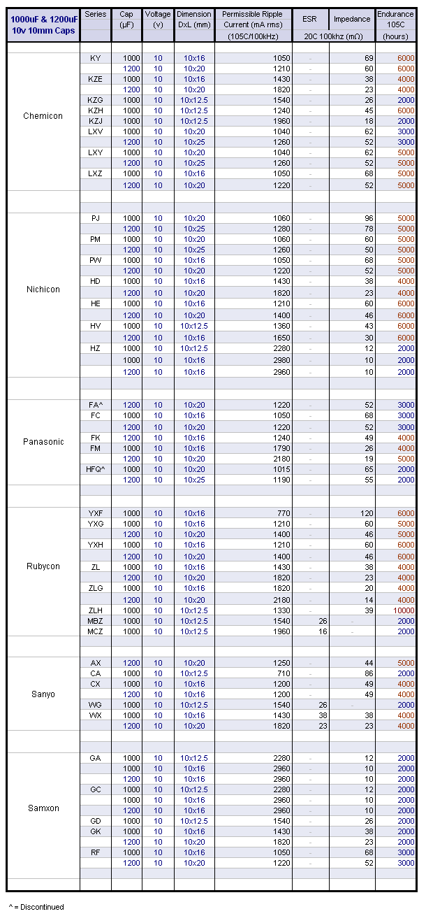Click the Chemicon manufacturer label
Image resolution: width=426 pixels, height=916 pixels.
pyautogui.click(x=43, y=116)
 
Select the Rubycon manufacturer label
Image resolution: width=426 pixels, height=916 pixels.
pyautogui.click(x=43, y=566)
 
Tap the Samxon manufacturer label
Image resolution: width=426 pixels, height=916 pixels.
pyautogui.click(x=43, y=808)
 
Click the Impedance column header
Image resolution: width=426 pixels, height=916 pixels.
pyautogui.click(x=352, y=19)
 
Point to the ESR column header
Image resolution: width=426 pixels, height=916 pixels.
pyautogui.click(x=310, y=19)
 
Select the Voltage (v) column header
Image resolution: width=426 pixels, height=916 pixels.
pyautogui.click(x=158, y=19)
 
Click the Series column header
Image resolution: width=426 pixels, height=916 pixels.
pyautogui.click(x=95, y=14)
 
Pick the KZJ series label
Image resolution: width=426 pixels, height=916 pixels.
pyautogui.click(x=95, y=121)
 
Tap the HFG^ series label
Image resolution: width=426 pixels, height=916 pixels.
pyautogui.click(x=95, y=469)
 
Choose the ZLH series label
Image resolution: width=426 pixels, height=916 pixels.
pyautogui.click(x=95, y=610)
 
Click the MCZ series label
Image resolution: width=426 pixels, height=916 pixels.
pyautogui.click(x=95, y=631)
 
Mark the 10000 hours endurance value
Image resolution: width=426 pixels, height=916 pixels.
pyautogui.click(x=404, y=610)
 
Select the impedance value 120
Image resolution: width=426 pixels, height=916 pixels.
pyautogui.click(x=367, y=513)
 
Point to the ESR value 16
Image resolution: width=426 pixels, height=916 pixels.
pyautogui.click(x=323, y=631)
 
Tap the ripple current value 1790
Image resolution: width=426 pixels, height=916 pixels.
pyautogui.click(x=281, y=448)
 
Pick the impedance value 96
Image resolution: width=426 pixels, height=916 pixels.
pyautogui.click(x=369, y=218)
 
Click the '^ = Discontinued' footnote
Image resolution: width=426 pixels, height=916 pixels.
pyautogui.click(x=36, y=907)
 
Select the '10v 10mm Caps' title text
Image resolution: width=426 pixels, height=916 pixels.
pyautogui.click(x=43, y=31)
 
